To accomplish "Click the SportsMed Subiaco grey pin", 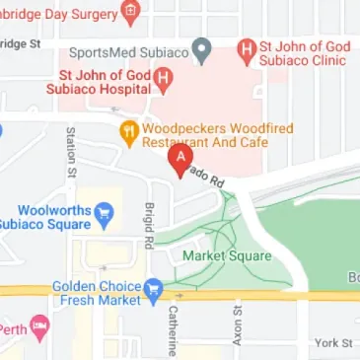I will click(202, 47).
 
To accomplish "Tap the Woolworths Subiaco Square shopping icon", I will click(105, 211).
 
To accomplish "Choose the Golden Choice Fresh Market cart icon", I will click(153, 288).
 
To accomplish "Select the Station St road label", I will click(71, 152).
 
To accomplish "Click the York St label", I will click(332, 342).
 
